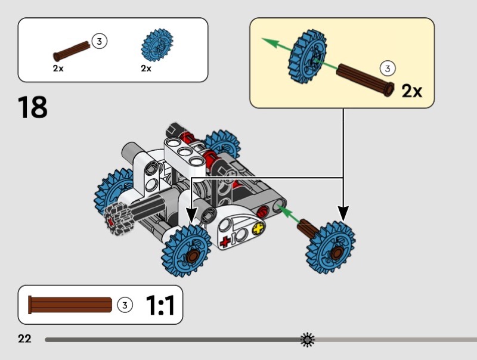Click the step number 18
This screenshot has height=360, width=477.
pyautogui.click(x=33, y=107)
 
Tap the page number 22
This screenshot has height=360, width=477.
pyautogui.click(x=24, y=339)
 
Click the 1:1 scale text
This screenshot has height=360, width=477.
pyautogui.click(x=160, y=305)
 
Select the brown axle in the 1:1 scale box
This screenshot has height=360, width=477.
pyautogui.click(x=70, y=305)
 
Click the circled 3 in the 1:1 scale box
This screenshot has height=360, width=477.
pyautogui.click(x=125, y=305)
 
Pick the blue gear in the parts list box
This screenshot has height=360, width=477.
pyautogui.click(x=157, y=45)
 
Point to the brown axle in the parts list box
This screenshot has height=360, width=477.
pyautogui.click(x=72, y=51)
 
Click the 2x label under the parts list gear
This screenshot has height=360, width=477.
pyautogui.click(x=146, y=69)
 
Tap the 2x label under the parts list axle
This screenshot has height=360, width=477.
pyautogui.click(x=58, y=69)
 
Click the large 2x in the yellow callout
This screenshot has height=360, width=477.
pyautogui.click(x=412, y=91)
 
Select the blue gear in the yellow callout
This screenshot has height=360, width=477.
pyautogui.click(x=307, y=57)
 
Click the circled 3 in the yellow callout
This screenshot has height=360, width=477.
pyautogui.click(x=388, y=68)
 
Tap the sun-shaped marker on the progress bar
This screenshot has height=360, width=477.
pyautogui.click(x=308, y=340)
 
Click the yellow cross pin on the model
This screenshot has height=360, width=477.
pyautogui.click(x=259, y=228)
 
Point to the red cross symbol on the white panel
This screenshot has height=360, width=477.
pyautogui.click(x=225, y=242)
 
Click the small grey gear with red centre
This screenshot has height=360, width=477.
pyautogui.click(x=119, y=218)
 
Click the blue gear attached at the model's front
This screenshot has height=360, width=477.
pyautogui.click(x=186, y=251)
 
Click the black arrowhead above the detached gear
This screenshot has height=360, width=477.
pyautogui.click(x=343, y=213)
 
